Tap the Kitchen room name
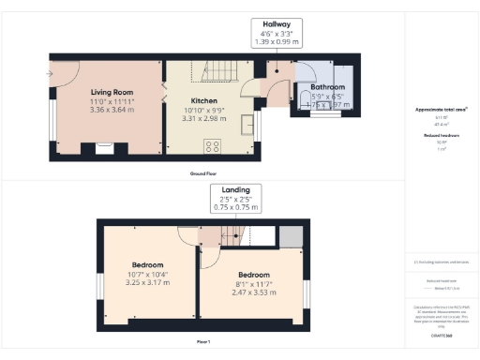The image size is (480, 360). click(x=205, y=99)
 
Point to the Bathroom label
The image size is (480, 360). click(x=328, y=87)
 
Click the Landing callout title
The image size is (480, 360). click(x=235, y=189)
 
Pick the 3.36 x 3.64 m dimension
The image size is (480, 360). click(x=107, y=109)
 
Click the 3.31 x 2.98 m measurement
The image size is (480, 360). click(x=205, y=119)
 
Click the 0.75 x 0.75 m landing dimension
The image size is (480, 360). click(x=235, y=208)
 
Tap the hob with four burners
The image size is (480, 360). click(x=212, y=144)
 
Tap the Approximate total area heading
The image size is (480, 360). click(x=442, y=110)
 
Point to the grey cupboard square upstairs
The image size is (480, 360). click(x=291, y=235)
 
